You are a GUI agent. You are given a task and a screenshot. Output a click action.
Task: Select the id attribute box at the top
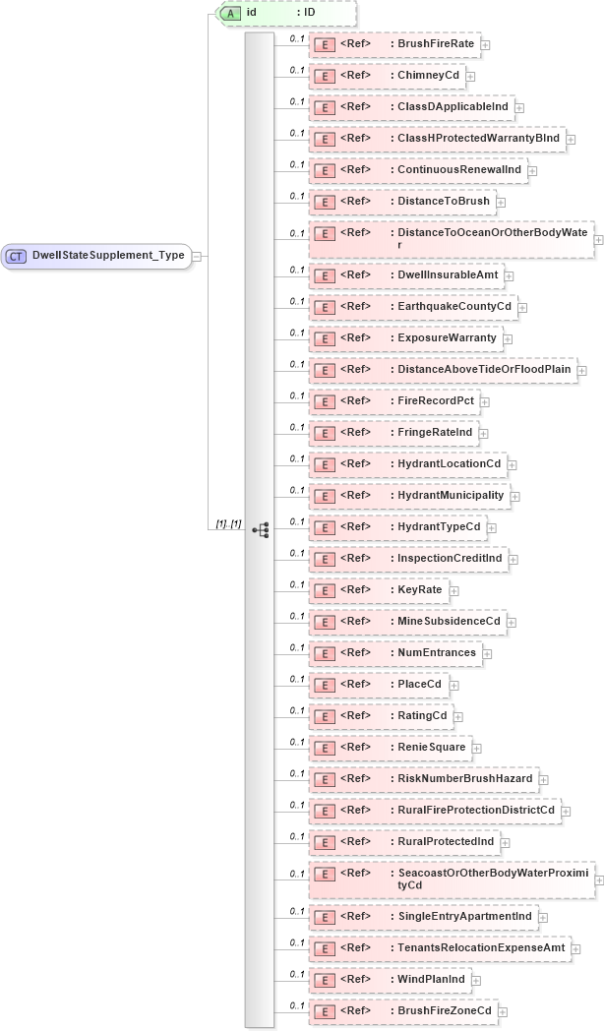[x=285, y=13]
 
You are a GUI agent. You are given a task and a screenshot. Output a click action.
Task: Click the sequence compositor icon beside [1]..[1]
[x=260, y=529]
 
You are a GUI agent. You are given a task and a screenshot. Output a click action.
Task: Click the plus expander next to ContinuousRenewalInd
[x=532, y=171]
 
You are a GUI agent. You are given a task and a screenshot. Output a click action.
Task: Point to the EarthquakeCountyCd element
[x=412, y=307]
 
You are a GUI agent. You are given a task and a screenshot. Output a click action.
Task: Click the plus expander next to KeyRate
[x=454, y=591]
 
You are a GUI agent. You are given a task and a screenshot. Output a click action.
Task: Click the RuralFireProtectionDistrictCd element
[x=434, y=811]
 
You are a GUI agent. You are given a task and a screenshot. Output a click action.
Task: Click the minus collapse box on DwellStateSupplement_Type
[x=198, y=256]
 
